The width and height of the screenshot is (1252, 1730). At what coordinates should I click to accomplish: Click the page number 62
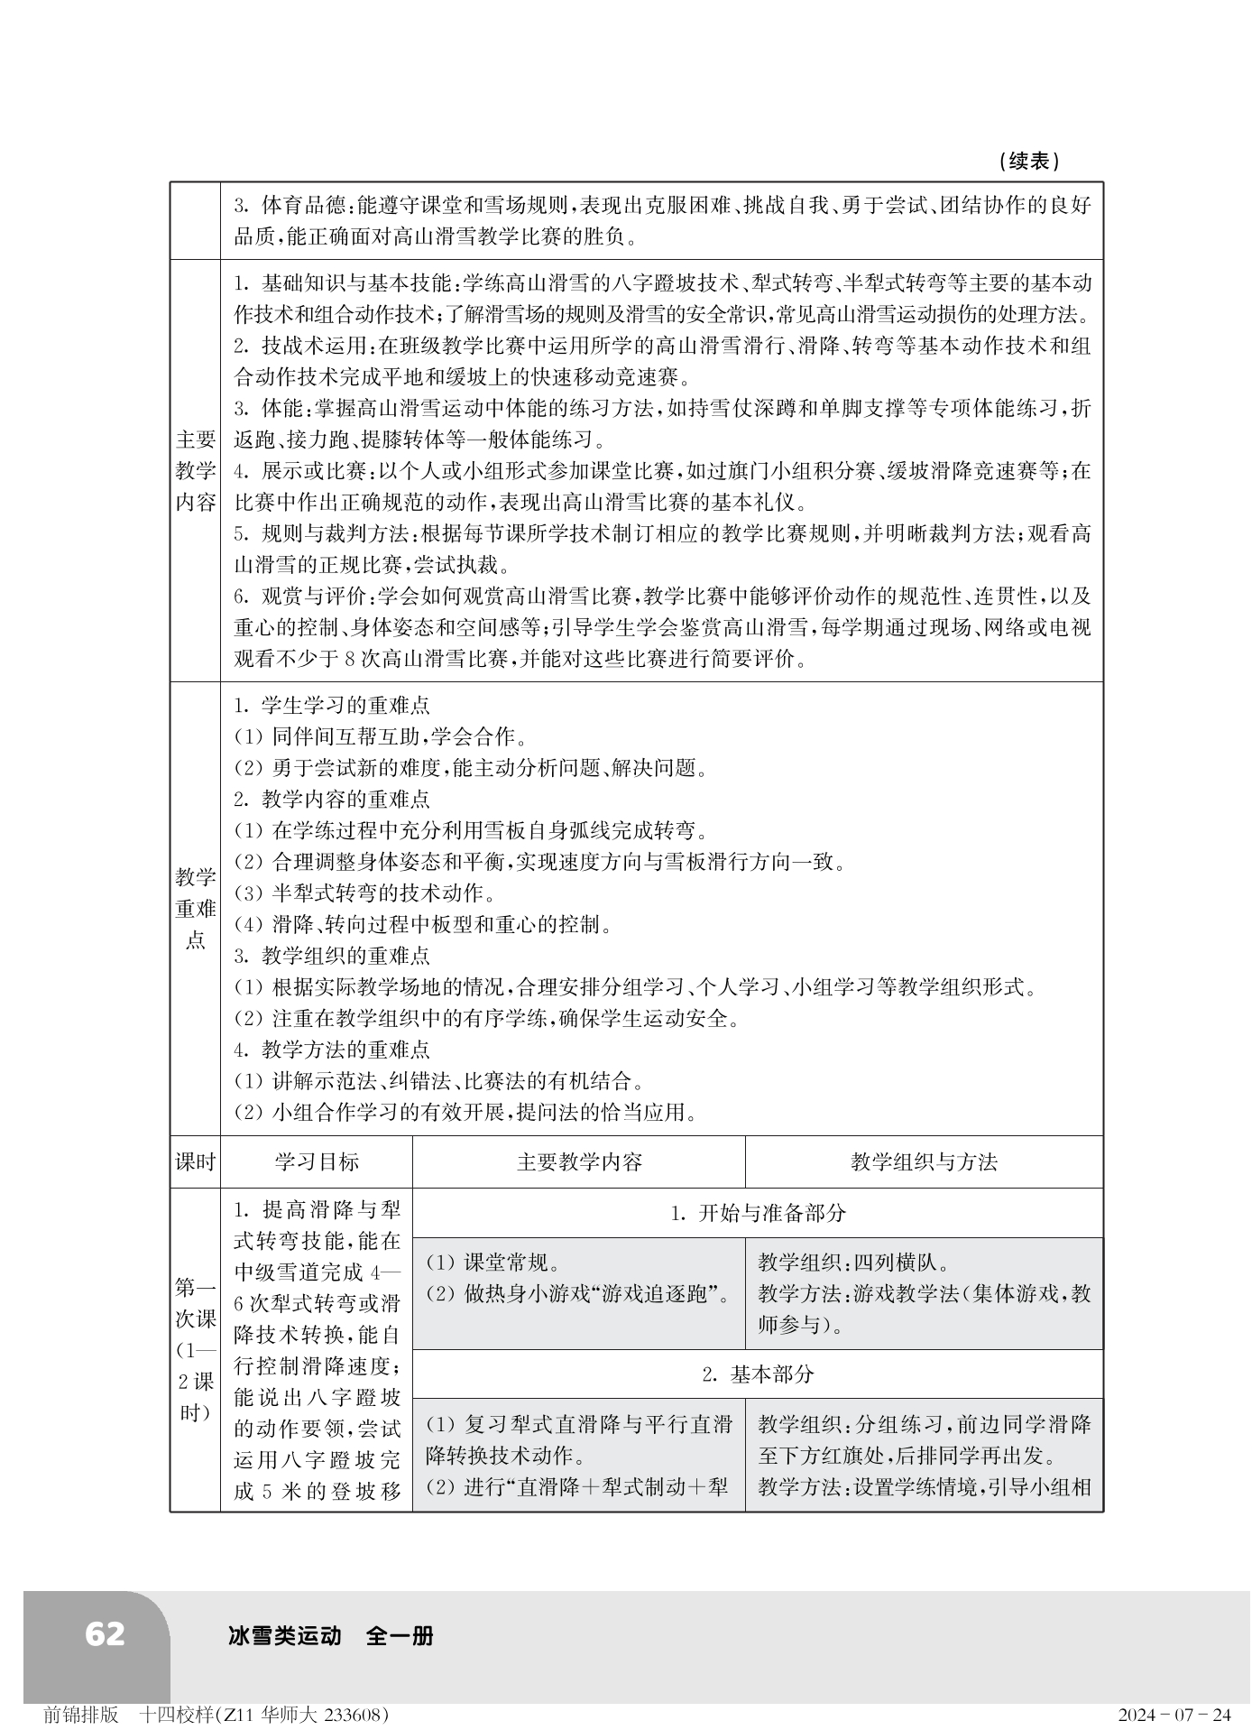(x=105, y=1633)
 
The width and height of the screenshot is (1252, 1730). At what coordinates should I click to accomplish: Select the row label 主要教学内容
(x=195, y=471)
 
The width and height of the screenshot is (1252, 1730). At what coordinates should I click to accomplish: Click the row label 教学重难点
(x=195, y=908)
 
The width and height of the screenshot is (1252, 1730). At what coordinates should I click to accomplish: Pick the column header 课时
(x=195, y=1161)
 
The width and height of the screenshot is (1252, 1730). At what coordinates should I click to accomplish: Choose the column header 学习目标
(x=317, y=1161)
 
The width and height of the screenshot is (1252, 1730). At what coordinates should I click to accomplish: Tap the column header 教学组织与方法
(x=924, y=1161)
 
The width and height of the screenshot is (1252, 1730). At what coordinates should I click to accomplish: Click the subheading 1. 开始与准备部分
(x=758, y=1213)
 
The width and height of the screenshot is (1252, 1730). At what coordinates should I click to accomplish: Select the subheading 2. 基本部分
(x=758, y=1374)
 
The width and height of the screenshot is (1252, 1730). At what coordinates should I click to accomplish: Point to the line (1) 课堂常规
(x=493, y=1263)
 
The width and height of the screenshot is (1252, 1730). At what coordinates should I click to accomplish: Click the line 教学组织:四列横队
(x=852, y=1263)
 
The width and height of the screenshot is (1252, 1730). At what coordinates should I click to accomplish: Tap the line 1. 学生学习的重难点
(x=332, y=705)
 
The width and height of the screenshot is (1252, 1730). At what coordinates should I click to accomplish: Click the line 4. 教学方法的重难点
(x=332, y=1050)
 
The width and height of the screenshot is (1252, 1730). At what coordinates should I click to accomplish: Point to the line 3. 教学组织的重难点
(x=332, y=956)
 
